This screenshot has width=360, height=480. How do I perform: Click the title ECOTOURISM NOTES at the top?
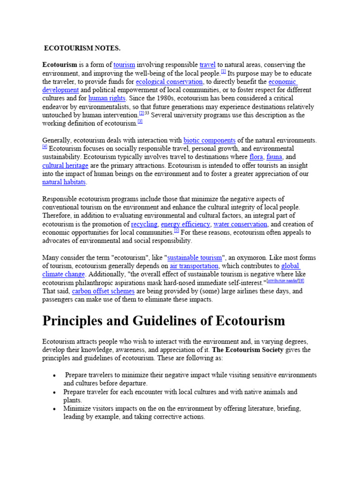click(82, 48)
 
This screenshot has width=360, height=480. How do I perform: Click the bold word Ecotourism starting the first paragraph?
click(60, 65)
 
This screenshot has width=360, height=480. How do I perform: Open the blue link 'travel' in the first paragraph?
click(207, 65)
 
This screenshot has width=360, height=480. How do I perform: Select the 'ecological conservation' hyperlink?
click(169, 82)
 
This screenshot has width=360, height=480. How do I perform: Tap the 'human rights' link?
click(107, 98)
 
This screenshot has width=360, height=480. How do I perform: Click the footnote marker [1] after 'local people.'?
click(224, 72)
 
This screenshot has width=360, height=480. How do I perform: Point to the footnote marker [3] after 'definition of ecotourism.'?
click(140, 121)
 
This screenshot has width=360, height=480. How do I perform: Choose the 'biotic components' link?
click(210, 140)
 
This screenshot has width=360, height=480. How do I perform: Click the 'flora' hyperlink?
click(256, 157)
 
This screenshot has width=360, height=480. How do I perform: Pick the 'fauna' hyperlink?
click(274, 157)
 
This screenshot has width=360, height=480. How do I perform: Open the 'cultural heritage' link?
click(65, 165)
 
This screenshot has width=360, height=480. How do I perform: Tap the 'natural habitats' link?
click(64, 182)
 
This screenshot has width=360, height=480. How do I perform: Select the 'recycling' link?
click(144, 224)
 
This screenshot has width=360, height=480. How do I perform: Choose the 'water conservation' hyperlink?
click(240, 224)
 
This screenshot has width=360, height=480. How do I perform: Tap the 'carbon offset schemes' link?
click(102, 291)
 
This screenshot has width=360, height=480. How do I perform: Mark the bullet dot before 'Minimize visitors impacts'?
click(55, 409)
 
